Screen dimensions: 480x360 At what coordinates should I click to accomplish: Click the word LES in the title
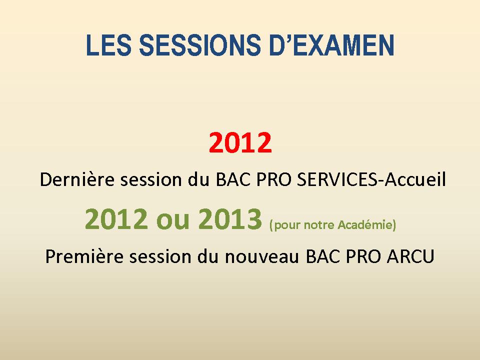tap(108, 45)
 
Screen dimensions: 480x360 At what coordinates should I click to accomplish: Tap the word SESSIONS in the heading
tap(200, 45)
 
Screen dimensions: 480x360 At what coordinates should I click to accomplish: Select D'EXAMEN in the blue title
tap(331, 45)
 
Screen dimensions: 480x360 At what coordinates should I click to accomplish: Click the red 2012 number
tap(240, 142)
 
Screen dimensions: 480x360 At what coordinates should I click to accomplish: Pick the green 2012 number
tap(116, 218)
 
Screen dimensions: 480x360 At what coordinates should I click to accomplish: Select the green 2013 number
tap(230, 218)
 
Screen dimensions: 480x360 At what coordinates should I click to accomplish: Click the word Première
tap(84, 256)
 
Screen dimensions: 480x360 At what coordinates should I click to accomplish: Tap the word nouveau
tap(261, 257)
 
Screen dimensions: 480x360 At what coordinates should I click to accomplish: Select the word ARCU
tap(410, 256)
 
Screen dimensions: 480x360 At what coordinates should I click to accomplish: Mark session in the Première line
tap(160, 256)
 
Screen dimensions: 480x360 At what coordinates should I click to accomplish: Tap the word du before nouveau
tap(208, 256)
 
